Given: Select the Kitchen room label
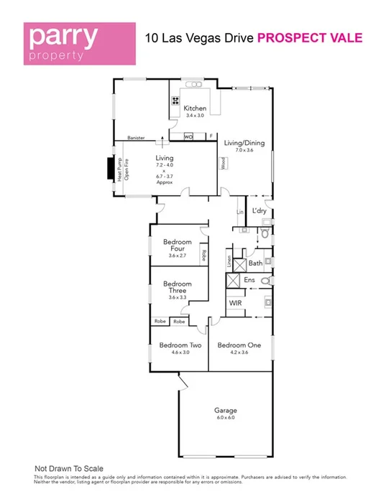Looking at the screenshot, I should [195, 108].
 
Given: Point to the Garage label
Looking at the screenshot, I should [225, 411].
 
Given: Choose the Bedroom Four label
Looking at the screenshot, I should [177, 246].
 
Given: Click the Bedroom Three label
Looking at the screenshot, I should [177, 287].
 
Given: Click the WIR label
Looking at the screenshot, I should [235, 304].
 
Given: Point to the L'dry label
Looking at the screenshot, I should [259, 210].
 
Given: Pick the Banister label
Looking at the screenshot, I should [136, 137].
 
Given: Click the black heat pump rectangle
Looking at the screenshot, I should [110, 169].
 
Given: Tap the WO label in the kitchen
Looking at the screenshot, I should [189, 136].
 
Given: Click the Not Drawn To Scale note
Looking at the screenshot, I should [71, 467].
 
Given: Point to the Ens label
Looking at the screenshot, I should [250, 280].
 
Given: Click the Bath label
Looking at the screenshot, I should [255, 264].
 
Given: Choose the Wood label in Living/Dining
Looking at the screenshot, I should [224, 164].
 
